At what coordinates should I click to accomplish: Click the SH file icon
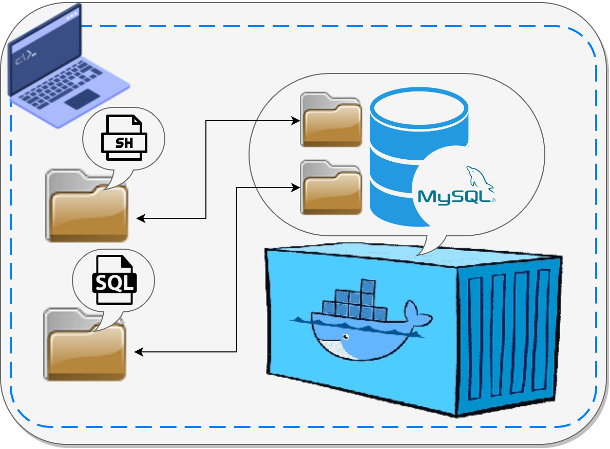click(124, 138)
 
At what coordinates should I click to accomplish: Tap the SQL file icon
click(115, 280)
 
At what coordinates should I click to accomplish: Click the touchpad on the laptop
click(82, 99)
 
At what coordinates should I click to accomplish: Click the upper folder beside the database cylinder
click(331, 120)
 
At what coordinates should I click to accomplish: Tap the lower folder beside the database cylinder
click(331, 188)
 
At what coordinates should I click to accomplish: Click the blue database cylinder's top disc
click(419, 108)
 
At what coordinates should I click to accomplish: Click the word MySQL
click(454, 197)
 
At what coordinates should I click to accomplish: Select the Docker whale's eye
click(346, 337)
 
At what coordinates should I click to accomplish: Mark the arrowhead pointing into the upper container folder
click(296, 121)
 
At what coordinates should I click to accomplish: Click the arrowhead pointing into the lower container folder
click(296, 188)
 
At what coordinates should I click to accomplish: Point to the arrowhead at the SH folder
click(140, 218)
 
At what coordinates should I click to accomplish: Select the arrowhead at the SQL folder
click(138, 352)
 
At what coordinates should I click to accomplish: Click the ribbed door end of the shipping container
click(508, 334)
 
